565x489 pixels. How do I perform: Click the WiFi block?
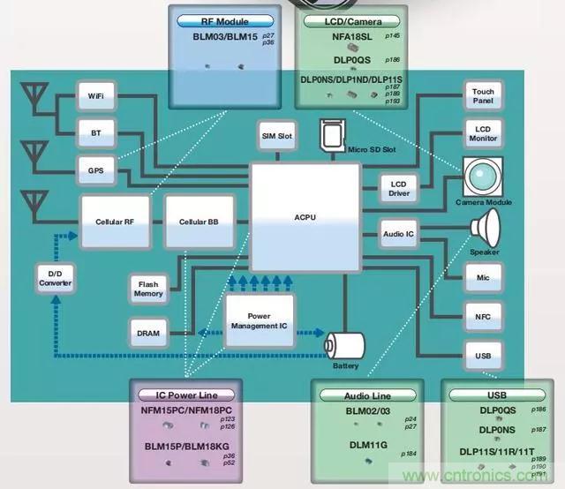point(95,95)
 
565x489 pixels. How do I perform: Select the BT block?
point(95,133)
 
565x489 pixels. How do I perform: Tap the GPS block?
point(95,170)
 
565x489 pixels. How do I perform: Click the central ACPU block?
point(305,217)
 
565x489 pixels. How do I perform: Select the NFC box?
point(483,315)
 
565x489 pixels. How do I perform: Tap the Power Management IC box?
point(259,320)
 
